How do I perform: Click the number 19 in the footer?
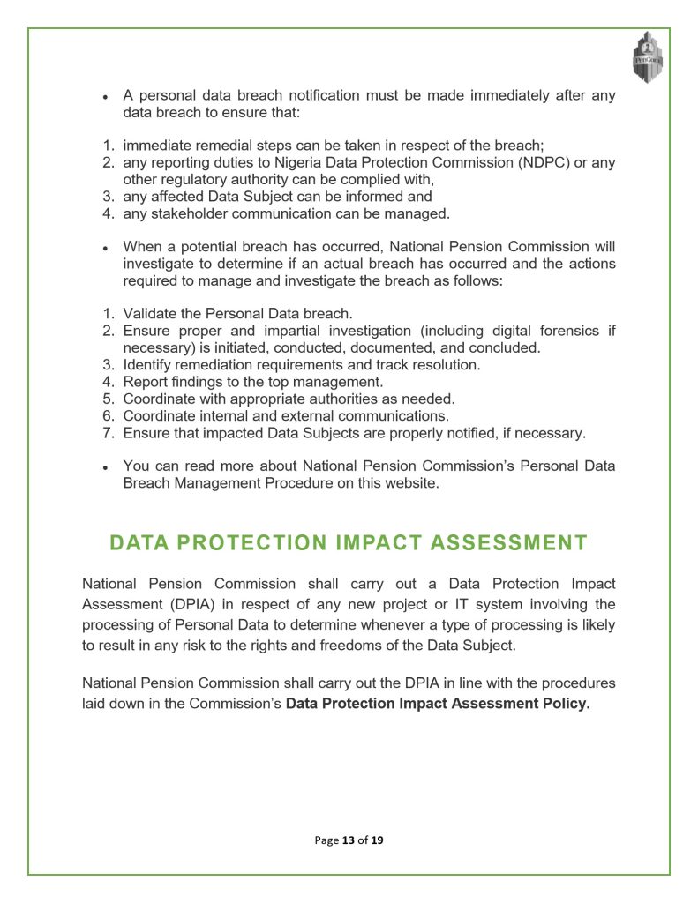tap(377, 840)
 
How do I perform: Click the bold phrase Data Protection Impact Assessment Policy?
tap(437, 704)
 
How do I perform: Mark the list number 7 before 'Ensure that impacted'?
tap(108, 433)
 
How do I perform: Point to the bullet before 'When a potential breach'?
tap(105, 248)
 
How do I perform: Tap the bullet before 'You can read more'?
tap(105, 466)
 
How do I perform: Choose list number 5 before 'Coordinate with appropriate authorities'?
tap(108, 399)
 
